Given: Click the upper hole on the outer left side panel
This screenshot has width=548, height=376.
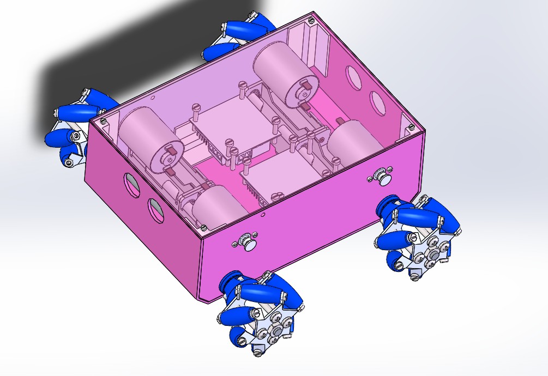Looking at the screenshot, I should coord(131,184).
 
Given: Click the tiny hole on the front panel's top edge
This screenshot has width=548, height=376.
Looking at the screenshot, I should coord(263,215).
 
